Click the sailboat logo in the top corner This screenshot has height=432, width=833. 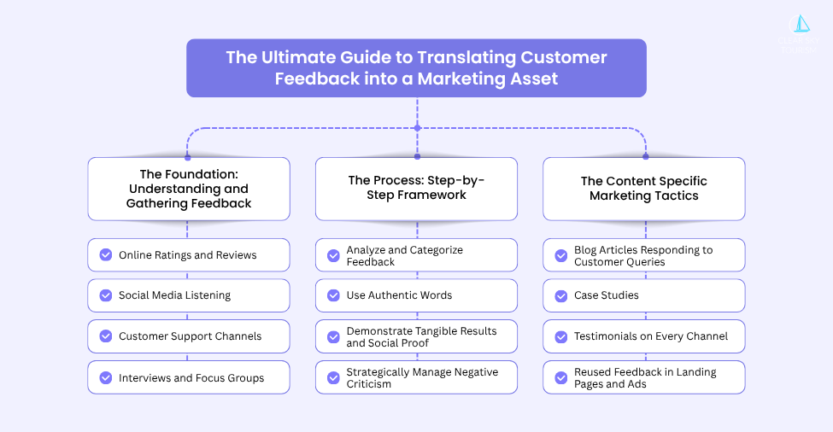tap(801, 25)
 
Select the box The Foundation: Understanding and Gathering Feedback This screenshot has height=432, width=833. tap(189, 189)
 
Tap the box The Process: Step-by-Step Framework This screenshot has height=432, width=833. tap(416, 188)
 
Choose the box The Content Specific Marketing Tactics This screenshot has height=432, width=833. tap(643, 188)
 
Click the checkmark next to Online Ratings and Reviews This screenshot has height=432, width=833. tap(106, 254)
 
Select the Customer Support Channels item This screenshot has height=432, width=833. tap(189, 336)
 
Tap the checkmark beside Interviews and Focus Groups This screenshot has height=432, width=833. tap(106, 377)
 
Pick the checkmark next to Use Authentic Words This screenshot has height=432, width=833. tap(333, 295)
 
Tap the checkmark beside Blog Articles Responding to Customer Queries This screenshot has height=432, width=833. tap(561, 255)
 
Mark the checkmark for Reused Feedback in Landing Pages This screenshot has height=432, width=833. tap(561, 377)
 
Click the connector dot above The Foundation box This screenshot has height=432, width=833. tap(188, 157)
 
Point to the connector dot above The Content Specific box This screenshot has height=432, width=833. tap(645, 157)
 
